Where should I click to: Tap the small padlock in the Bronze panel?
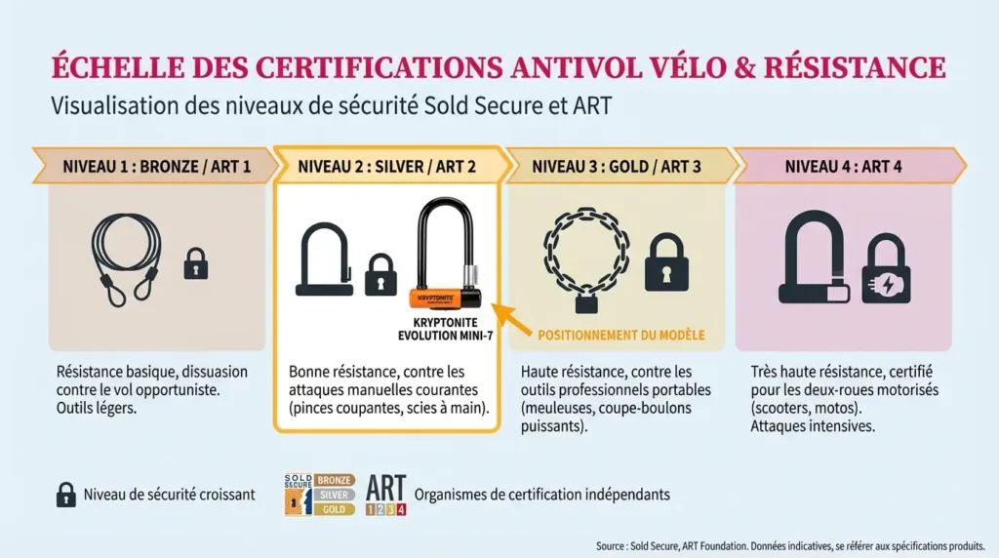coord(196,262)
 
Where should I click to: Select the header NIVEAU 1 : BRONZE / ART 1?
coord(156,166)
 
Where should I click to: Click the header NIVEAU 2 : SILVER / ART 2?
coord(387,166)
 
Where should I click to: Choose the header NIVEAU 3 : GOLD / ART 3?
coord(617,166)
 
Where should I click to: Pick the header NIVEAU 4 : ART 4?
coord(843,166)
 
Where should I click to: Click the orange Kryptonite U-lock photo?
coord(445,256)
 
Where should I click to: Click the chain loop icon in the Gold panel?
coord(585,258)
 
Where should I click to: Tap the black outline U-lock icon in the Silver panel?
coord(323,260)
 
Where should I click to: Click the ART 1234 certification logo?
coord(386,495)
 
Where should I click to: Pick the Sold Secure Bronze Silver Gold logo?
coord(319,495)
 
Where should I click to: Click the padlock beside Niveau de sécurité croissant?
coord(66,495)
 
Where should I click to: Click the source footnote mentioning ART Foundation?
coord(791,545)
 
